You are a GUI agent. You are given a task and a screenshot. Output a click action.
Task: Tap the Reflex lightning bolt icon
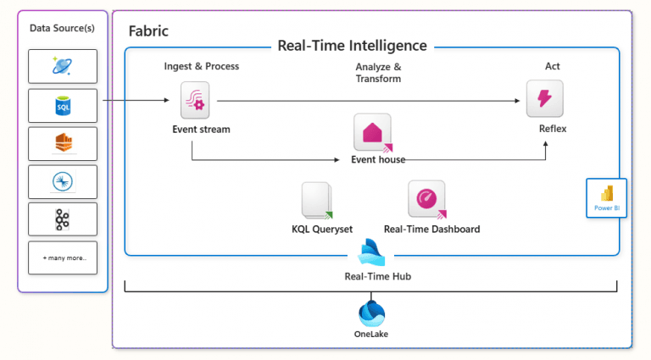coord(544,99)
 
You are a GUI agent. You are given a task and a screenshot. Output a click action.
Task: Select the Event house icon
coord(372,132)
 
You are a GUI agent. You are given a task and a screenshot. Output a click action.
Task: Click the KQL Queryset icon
coord(316,201)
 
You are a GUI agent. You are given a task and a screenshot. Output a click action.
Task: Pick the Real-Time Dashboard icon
coord(426,199)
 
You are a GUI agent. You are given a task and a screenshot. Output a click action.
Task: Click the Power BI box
coord(606,197)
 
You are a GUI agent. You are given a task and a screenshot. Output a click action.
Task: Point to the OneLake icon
coord(372,313)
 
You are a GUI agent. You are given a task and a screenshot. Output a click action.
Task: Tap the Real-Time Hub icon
coord(372,252)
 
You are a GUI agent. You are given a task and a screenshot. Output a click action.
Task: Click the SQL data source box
coord(63,106)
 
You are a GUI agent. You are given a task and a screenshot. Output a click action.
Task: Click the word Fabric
coord(148,30)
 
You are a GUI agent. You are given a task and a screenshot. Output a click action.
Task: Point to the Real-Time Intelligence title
coord(352,46)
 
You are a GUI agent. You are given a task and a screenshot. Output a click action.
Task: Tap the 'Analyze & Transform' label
coord(378,72)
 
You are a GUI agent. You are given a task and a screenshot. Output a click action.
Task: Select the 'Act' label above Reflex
coord(552,66)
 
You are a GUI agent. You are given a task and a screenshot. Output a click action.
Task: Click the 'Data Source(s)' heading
coord(63,28)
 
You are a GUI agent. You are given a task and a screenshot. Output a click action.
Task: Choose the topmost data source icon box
coord(63,66)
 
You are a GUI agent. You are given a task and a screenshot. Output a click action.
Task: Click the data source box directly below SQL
coord(63,144)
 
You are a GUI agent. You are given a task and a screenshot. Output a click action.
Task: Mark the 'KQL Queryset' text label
coord(316,229)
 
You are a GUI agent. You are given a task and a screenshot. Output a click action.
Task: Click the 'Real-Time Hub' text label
coord(372,275)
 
